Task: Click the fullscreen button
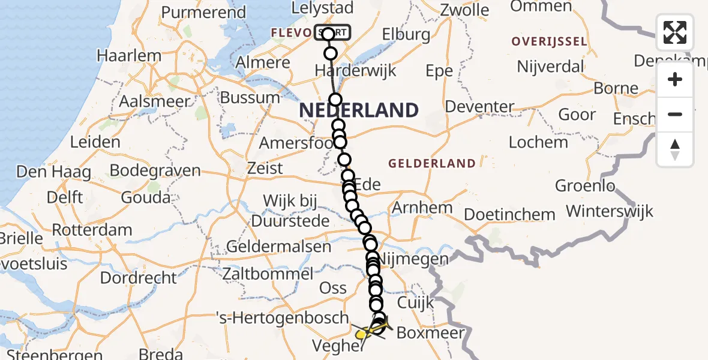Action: pyautogui.click(x=675, y=32)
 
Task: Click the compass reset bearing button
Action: pyautogui.click(x=675, y=149)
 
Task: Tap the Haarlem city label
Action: pyautogui.click(x=129, y=56)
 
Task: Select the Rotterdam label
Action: pyautogui.click(x=92, y=230)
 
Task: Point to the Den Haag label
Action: pyautogui.click(x=53, y=172)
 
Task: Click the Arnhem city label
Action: pyautogui.click(x=422, y=208)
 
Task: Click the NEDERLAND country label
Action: pyautogui.click(x=358, y=110)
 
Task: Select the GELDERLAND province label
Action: pyautogui.click(x=432, y=163)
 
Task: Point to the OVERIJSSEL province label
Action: pyautogui.click(x=548, y=41)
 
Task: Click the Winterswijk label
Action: pyautogui.click(x=610, y=211)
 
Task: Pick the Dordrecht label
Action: pyautogui.click(x=139, y=278)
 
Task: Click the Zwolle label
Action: pyautogui.click(x=464, y=10)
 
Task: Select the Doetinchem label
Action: pyautogui.click(x=509, y=214)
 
